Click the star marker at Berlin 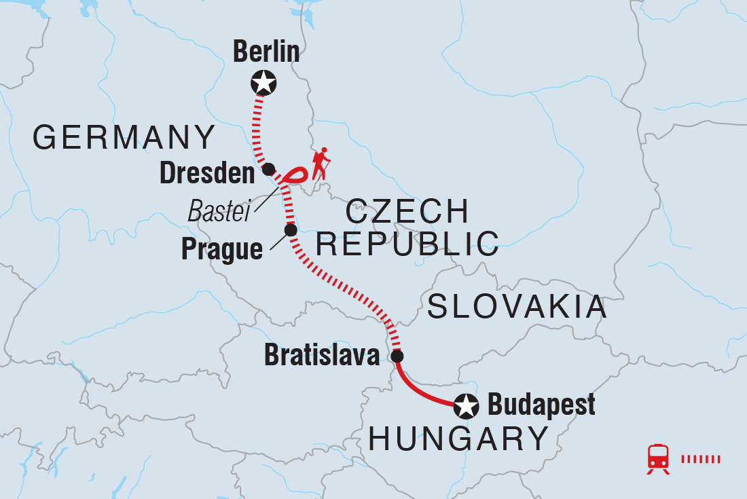point(263,84)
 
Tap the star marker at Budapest point(466,406)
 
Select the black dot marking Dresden point(268,169)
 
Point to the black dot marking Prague point(291,230)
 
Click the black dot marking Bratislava point(397,356)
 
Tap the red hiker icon point(321,164)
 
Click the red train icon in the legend point(658,459)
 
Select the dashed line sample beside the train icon point(700,459)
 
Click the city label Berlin point(266,52)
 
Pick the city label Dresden point(206,174)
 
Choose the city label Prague point(221,250)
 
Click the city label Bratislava point(321,356)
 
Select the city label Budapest point(541,405)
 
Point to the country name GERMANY point(124,138)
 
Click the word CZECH point(407,212)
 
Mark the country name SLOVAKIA point(516,307)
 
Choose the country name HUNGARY point(458,439)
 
